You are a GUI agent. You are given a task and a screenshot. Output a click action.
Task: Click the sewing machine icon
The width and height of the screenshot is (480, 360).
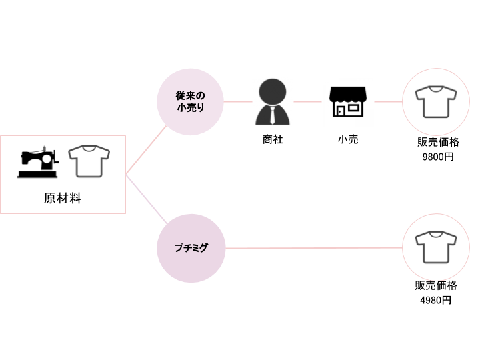[x=38, y=161]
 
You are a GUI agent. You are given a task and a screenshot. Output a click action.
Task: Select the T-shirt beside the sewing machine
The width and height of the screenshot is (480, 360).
[x=89, y=161]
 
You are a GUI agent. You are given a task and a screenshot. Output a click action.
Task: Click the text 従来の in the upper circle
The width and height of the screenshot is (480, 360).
[x=191, y=95]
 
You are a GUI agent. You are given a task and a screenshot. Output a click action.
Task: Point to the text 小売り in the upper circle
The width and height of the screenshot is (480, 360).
[x=191, y=107]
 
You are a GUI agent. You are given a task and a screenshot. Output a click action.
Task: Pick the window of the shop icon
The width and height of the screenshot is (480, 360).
[x=353, y=107]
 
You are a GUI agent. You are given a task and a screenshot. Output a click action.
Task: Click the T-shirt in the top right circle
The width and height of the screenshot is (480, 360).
[x=436, y=102]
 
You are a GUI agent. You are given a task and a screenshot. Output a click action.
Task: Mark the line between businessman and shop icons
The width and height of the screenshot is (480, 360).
[x=307, y=102]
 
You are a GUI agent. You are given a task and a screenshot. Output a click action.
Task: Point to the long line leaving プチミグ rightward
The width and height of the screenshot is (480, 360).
[x=313, y=248]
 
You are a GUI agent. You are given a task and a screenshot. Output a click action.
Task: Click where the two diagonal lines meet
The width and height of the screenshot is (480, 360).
[x=126, y=175]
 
